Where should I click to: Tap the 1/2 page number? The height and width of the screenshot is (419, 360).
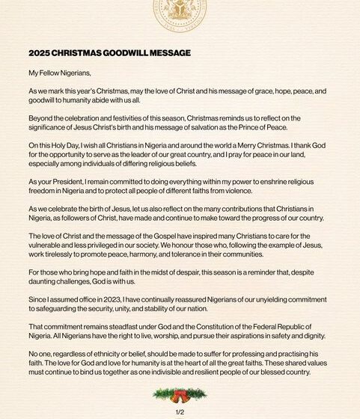(180, 412)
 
